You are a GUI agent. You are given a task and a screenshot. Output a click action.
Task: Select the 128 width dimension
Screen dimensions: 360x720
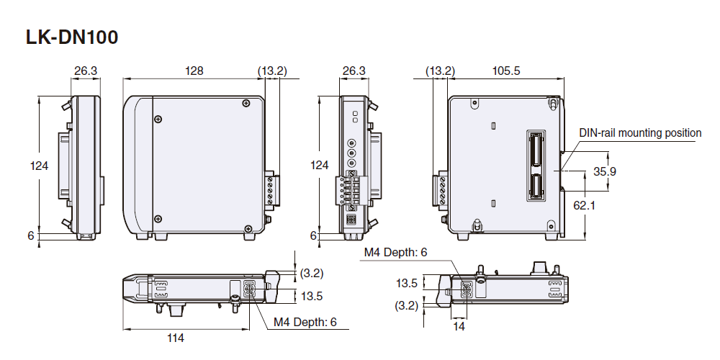pyautogui.click(x=194, y=71)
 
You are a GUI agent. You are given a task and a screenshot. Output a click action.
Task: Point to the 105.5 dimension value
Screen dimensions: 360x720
pyautogui.click(x=505, y=71)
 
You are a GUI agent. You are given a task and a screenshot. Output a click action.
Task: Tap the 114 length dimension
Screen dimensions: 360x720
pyautogui.click(x=175, y=338)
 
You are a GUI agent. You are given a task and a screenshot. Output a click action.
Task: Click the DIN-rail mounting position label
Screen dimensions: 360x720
pyautogui.click(x=640, y=132)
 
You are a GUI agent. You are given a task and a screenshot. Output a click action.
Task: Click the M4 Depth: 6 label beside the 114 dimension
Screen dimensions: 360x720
pyautogui.click(x=305, y=322)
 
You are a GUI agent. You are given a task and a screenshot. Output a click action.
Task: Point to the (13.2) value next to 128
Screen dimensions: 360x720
pyautogui.click(x=272, y=71)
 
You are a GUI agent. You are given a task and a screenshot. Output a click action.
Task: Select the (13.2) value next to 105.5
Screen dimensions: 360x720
pyautogui.click(x=440, y=71)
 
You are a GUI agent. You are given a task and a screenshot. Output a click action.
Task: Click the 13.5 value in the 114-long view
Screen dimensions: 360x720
pyautogui.click(x=312, y=295)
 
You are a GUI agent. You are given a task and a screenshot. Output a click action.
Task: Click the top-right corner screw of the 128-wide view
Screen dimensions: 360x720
pyautogui.click(x=247, y=103)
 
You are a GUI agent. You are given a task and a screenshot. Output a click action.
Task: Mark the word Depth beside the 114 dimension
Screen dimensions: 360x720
pyautogui.click(x=307, y=322)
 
